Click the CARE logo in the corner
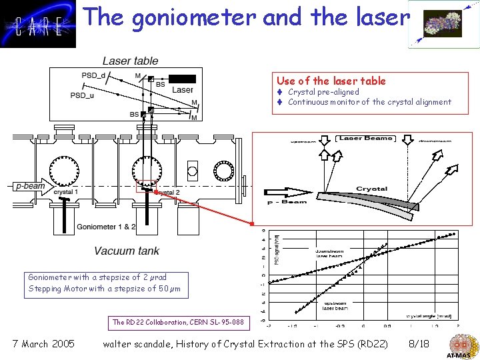click(39, 25)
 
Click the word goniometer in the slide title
click(195, 17)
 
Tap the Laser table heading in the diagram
click(131, 61)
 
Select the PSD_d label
click(93, 75)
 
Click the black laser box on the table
click(181, 79)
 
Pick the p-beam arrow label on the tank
click(31, 186)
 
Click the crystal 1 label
click(65, 192)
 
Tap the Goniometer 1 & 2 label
click(106, 227)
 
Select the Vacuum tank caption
click(127, 251)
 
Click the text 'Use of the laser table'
click(331, 81)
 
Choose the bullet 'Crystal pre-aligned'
click(323, 92)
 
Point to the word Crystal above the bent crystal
click(371, 189)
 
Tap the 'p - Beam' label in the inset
click(287, 201)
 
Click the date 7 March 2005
click(43, 344)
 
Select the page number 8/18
click(418, 344)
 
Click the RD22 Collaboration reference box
click(178, 322)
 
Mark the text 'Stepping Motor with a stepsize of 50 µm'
click(104, 289)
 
